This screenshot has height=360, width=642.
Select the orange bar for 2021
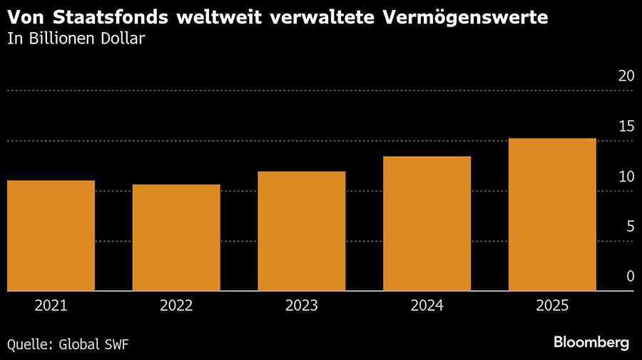click(51, 236)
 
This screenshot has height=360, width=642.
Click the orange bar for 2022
click(176, 238)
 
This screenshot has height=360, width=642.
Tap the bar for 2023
click(302, 232)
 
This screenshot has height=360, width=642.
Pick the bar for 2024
click(427, 224)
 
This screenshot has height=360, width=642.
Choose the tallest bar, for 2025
click(552, 215)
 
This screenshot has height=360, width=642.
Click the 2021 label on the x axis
click(51, 306)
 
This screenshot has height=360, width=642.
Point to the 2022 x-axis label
click(176, 306)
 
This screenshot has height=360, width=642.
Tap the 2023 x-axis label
click(302, 306)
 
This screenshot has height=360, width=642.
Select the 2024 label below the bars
click(427, 306)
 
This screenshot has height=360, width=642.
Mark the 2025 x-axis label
click(552, 306)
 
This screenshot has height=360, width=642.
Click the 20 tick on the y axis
click(626, 76)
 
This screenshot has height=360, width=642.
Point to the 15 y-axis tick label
click(626, 126)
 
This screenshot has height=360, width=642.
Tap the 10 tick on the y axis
click(626, 176)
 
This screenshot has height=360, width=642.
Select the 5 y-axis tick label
click(630, 226)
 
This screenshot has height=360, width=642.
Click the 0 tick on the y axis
click(630, 276)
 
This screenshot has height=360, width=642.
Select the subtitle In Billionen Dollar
click(76, 38)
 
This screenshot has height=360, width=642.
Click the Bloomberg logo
click(591, 343)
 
